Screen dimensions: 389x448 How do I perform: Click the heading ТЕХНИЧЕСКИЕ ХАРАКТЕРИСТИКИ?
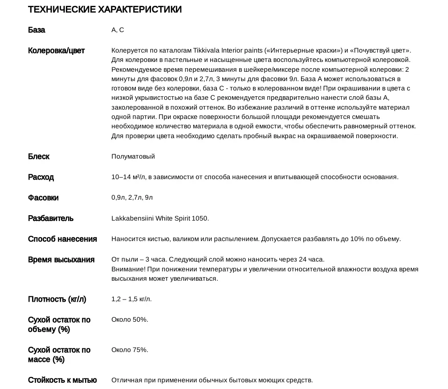tap(105, 9)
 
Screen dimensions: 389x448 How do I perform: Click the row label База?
tap(37, 30)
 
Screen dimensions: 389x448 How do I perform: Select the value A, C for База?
tap(118, 30)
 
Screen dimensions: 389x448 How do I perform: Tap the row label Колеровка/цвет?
tap(56, 50)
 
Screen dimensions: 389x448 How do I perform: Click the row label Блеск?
tap(39, 156)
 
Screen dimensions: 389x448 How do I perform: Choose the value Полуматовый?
tap(133, 156)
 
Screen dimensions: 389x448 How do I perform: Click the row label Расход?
tap(41, 177)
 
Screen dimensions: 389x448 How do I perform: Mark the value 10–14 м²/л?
tap(128, 177)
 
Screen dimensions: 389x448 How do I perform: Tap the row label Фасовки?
tap(43, 197)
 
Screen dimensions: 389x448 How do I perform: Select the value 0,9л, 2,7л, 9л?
tap(132, 197)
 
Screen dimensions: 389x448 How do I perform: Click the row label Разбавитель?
tap(51, 218)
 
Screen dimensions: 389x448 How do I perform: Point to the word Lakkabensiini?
tap(132, 218)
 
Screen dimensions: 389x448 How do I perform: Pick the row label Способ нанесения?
tap(62, 239)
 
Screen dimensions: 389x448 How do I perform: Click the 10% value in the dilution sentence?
tap(357, 239)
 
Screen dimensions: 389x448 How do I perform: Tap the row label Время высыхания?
tap(61, 259)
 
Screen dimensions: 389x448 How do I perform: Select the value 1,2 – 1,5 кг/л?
tap(131, 299)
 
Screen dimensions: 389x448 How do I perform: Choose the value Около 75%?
tap(130, 350)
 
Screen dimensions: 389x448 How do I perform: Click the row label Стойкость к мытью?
tap(62, 380)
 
